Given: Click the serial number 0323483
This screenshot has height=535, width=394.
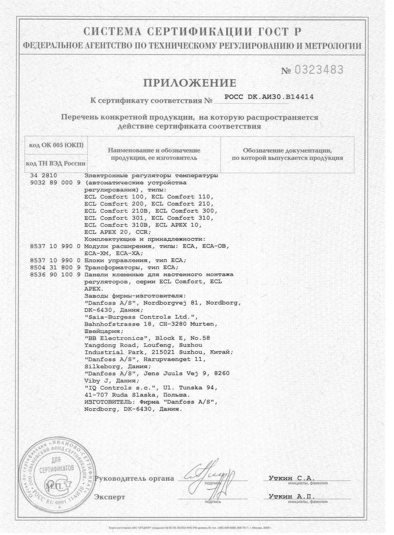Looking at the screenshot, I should (x=319, y=70).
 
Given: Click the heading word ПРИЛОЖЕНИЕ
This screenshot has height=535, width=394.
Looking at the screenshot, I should (x=190, y=83).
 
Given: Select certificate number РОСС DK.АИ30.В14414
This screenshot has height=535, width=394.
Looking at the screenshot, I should (x=269, y=97).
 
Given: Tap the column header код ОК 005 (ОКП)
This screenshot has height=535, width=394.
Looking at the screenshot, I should (x=56, y=145).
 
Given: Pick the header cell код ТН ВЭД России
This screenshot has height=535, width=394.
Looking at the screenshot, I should (x=55, y=164).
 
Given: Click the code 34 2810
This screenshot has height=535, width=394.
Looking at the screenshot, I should (x=44, y=176).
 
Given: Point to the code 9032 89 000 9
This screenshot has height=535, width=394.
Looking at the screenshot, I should (x=55, y=183).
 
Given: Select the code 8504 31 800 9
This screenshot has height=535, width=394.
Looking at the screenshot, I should (x=55, y=267).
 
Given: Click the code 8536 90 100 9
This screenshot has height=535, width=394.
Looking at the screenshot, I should (x=55, y=275).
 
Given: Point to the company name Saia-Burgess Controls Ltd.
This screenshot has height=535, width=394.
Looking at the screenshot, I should (x=141, y=317).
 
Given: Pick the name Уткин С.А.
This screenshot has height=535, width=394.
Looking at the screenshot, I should (x=291, y=478).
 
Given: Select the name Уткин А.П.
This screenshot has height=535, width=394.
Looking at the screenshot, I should (x=291, y=497).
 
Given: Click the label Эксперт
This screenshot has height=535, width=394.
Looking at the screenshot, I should (x=110, y=497).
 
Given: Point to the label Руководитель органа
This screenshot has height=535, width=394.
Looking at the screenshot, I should (x=134, y=479).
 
